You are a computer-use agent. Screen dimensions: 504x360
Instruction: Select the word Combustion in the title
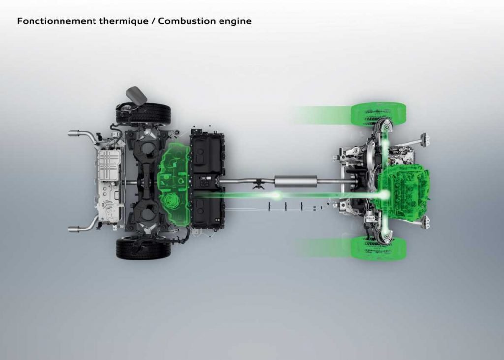coord(187,21)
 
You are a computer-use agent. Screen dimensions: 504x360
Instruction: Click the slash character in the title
coord(153,21)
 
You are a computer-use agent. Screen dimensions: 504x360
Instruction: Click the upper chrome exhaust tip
coord(74,133)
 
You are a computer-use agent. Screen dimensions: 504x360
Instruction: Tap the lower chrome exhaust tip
coord(74,229)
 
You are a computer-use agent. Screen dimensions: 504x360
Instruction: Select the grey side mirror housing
coord(136,95)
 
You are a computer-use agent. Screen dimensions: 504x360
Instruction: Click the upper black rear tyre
coord(143,114)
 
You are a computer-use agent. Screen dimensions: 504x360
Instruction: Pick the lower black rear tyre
coord(143,248)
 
